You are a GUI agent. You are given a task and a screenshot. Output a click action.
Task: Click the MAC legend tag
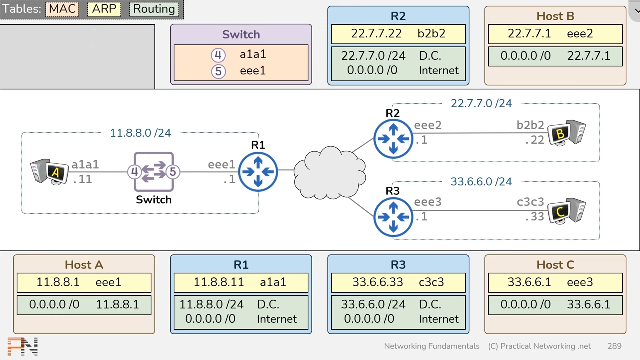[62, 9]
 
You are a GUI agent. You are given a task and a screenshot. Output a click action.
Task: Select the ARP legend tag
[104, 9]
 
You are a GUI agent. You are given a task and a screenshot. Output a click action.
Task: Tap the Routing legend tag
[154, 9]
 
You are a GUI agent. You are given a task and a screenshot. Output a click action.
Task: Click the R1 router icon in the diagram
[258, 172]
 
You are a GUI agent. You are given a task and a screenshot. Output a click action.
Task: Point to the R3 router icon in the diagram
[393, 217]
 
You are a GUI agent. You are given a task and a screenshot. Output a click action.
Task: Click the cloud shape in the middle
[329, 172]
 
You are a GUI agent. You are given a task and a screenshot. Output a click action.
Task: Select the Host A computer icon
[49, 172]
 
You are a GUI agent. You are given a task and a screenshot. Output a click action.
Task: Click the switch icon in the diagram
[154, 172]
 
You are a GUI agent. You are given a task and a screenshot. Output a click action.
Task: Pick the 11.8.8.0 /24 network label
[140, 133]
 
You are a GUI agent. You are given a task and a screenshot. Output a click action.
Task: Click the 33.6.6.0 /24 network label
[481, 182]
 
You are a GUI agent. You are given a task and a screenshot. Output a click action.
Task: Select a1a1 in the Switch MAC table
[253, 54]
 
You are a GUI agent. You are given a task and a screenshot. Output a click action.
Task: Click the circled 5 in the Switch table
[218, 71]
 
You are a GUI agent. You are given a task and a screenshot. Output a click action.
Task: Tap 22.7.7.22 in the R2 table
[376, 33]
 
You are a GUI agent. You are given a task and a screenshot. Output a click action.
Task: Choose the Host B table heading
[555, 16]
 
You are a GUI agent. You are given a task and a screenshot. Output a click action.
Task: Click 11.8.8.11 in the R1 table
[218, 282]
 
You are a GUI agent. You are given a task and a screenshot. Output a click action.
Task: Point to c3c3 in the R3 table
[431, 282]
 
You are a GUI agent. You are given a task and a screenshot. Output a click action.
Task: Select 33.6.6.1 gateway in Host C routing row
[588, 304]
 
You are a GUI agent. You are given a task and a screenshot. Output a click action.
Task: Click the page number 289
[614, 346]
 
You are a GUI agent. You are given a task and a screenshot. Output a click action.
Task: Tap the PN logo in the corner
[23, 347]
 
